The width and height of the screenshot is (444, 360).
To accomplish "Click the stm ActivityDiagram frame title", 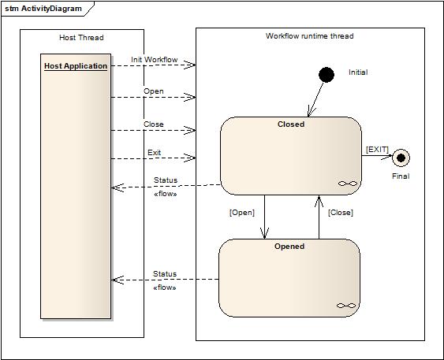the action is click(x=43, y=9).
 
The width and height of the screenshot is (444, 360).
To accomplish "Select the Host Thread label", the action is click(x=81, y=38).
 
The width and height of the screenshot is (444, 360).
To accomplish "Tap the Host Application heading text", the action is click(x=76, y=66).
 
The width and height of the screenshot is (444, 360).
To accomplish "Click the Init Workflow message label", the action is click(x=155, y=60).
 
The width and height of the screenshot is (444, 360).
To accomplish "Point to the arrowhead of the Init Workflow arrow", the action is click(x=195, y=65).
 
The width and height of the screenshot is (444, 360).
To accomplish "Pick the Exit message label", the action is click(x=154, y=152).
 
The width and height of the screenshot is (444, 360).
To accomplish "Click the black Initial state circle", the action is click(x=326, y=75).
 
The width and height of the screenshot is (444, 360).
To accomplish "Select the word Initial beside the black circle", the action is click(x=358, y=72).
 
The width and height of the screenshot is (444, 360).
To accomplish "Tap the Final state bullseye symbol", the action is click(x=401, y=158).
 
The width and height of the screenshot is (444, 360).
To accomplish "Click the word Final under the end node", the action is click(x=401, y=176).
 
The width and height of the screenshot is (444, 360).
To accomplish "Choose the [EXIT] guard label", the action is click(x=377, y=150).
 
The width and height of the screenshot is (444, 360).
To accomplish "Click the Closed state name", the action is click(x=291, y=124).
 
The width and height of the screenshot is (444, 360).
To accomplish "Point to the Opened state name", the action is click(x=289, y=247).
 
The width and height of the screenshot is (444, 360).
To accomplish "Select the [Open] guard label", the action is click(x=242, y=213).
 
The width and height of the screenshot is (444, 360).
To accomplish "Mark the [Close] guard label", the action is click(x=341, y=213).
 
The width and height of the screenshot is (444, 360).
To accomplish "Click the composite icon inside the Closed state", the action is click(x=348, y=184).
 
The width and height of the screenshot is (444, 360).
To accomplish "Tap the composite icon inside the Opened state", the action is click(x=346, y=306).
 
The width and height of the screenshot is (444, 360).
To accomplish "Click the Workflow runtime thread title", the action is click(x=309, y=36).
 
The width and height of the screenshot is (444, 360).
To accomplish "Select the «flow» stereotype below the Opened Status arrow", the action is click(x=165, y=288).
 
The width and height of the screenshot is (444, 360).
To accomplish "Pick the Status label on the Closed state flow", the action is click(x=166, y=180).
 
